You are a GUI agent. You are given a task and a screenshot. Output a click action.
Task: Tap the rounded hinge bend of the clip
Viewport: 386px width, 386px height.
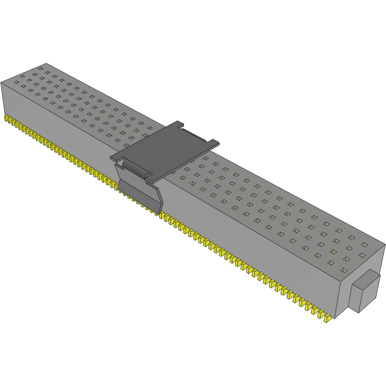tap(135, 167)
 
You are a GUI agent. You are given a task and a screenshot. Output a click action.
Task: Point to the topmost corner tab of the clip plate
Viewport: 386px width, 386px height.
tap(179, 123)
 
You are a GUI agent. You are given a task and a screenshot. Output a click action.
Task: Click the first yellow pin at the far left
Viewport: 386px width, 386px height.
tap(7, 119)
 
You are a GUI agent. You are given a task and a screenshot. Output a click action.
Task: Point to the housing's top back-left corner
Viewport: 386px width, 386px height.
tap(46, 64)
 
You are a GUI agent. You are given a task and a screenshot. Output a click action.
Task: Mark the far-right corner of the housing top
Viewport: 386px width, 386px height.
tap(385, 244)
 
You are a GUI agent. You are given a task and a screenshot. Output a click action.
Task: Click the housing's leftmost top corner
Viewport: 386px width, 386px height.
tap(1, 82)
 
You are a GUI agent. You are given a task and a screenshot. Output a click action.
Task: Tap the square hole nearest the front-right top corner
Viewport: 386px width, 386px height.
tap(343, 270)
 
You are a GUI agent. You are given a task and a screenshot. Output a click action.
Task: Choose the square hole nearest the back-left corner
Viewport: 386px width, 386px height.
tap(40, 68)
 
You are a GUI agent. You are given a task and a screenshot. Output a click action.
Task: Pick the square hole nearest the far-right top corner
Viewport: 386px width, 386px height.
tap(364, 244)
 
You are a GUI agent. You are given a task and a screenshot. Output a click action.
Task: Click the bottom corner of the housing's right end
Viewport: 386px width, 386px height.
tap(335, 318)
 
